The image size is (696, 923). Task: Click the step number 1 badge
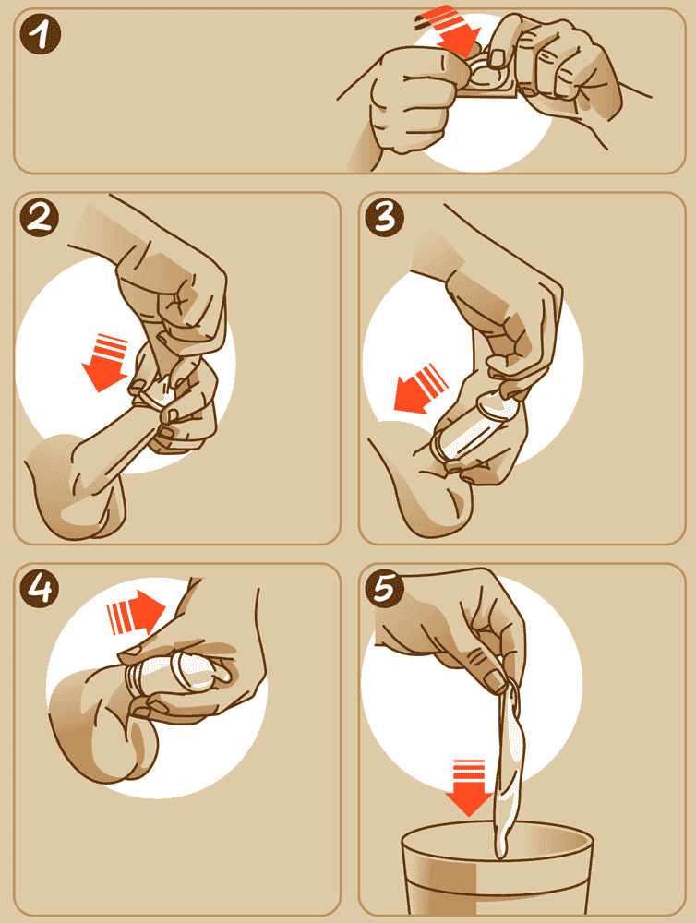click(40, 34)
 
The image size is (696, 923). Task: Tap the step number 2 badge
click(39, 218)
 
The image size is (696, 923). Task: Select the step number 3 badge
click(385, 217)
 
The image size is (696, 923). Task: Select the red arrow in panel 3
click(420, 390)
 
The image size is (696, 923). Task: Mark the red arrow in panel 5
click(469, 787)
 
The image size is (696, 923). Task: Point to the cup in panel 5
click(496, 871)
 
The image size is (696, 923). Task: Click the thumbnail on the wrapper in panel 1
click(498, 57)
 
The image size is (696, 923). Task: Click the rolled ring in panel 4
click(134, 680)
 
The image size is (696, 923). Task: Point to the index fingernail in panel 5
click(495, 682)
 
